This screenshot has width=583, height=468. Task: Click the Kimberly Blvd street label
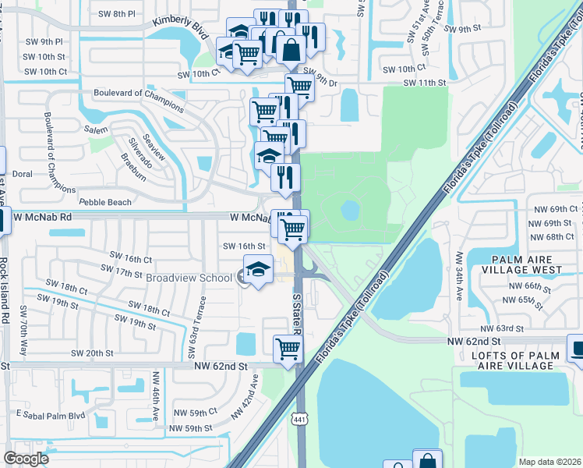[181, 28]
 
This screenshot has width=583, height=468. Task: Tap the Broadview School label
[189, 278]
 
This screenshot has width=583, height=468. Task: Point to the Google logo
[26, 459]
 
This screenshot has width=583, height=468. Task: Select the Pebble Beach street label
[106, 203]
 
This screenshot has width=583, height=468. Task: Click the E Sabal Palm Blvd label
[50, 414]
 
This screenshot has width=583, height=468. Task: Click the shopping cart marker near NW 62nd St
[288, 348]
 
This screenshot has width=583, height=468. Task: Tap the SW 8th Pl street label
[118, 14]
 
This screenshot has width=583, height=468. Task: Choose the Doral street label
[22, 174]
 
